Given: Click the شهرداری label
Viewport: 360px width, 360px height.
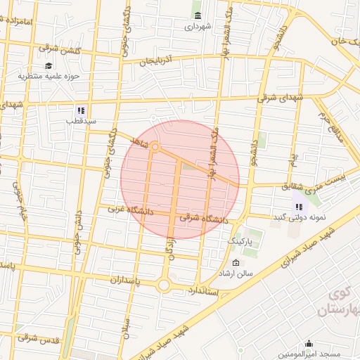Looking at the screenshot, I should pos(197,28).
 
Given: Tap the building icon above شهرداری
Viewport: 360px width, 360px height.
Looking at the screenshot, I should pos(197,15).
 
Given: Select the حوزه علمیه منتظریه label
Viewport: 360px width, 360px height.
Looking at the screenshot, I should pos(49,76).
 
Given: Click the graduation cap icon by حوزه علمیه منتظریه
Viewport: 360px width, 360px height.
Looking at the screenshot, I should pos(49,65).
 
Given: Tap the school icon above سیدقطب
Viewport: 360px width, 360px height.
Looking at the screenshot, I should pos(81,110).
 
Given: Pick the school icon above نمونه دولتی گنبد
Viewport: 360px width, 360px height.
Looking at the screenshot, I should pos(300,207).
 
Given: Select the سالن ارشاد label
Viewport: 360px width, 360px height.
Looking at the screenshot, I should pos(236,273).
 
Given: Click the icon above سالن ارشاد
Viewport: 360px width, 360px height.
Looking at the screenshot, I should pos(236,262).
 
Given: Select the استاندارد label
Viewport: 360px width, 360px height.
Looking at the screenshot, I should pos(205,289).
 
